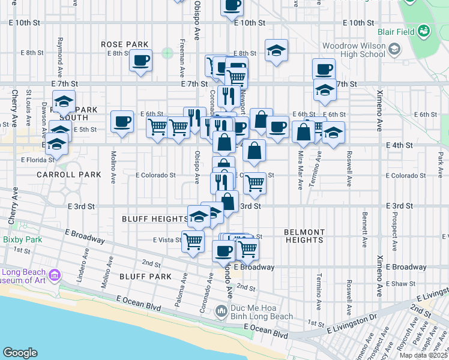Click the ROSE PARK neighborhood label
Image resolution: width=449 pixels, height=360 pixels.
125,44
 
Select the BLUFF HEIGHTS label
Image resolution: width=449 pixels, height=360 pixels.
156,219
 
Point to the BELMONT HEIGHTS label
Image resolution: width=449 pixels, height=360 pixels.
304,236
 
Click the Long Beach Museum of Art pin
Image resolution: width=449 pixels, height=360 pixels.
55,276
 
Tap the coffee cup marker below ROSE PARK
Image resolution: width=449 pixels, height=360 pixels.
140,61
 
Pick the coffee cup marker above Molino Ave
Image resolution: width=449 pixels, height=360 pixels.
122,122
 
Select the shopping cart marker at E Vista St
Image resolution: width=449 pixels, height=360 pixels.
193,241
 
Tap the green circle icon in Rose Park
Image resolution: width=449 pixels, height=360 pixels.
167,53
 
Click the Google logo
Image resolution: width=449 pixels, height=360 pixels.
20,353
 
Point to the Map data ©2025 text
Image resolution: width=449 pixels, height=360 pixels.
424,355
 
